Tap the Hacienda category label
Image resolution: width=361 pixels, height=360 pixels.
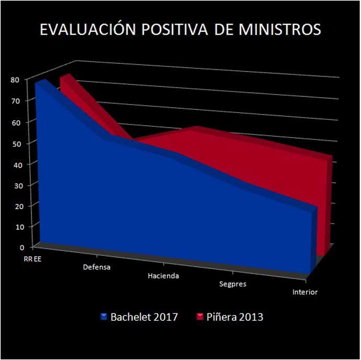163,276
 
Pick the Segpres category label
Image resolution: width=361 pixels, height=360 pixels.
233,284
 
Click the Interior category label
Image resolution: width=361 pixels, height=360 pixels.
304,292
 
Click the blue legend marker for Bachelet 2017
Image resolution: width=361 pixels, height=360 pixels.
105,317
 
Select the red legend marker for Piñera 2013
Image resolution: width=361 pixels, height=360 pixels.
200,317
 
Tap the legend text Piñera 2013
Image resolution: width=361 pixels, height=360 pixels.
235,317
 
